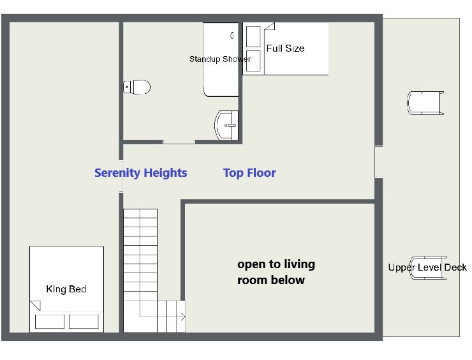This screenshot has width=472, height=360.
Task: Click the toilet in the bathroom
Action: pos(137,87)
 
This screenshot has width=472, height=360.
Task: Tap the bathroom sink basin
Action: pos(226,125)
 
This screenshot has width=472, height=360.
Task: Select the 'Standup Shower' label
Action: pos(220,59)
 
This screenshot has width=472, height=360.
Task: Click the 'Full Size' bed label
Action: pos(285,49)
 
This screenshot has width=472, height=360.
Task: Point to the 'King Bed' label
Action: pos(66,289)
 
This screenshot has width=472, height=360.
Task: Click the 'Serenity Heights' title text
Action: pos(140,172)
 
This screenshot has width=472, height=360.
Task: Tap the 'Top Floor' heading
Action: pos(249,173)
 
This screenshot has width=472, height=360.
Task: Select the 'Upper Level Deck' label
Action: pos(427,267)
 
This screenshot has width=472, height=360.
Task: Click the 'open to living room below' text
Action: pos(276,272)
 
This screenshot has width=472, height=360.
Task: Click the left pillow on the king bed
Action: pos(50,322)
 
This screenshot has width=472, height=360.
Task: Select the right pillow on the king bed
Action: pos(84,322)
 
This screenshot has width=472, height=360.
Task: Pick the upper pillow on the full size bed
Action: pos(253,36)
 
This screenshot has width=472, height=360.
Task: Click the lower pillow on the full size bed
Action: pos(253,61)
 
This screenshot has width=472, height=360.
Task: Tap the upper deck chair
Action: pos(425,103)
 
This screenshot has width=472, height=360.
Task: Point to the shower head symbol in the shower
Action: pos(232,36)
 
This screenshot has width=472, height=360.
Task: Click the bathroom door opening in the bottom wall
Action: pos(179,142)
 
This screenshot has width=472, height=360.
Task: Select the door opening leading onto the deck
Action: pos(379,161)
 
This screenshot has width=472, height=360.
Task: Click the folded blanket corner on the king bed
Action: pos(35,305)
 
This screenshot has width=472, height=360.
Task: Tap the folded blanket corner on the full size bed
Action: pos(269,26)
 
